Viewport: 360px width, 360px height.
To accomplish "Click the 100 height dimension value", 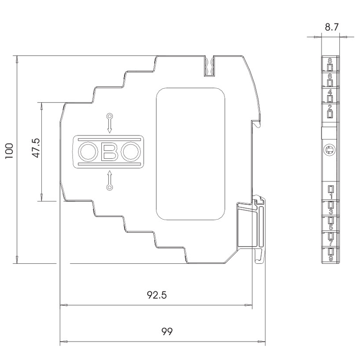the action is (x=9, y=151).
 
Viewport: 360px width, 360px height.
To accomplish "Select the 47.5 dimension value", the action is (x=36, y=148).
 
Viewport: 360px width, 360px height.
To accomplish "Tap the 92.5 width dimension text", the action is (x=157, y=295).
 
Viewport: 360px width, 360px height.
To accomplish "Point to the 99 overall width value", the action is (x=167, y=332).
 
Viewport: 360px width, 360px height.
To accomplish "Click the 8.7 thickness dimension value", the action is (x=332, y=27).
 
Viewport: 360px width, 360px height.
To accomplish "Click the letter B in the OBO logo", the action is (x=109, y=152).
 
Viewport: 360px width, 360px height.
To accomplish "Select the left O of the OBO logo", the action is (x=87, y=152).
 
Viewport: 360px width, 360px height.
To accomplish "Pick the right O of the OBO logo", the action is (x=131, y=152).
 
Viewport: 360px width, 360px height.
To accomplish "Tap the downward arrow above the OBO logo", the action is (x=110, y=123).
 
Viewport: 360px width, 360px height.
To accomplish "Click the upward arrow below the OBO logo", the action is (x=110, y=180).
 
